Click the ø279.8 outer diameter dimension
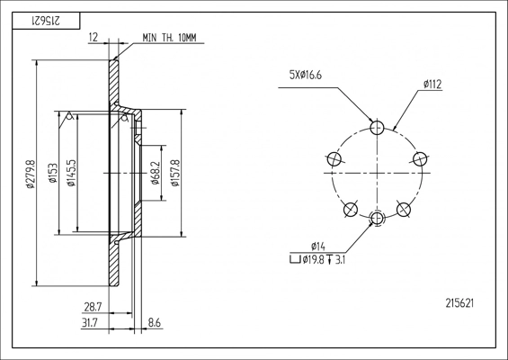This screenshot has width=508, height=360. [31, 174]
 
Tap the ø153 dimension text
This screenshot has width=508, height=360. [53, 173]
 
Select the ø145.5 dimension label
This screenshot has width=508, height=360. [71, 173]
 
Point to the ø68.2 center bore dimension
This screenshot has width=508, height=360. [156, 173]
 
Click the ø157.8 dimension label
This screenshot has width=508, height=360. [175, 173]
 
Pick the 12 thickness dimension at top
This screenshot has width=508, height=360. [93, 37]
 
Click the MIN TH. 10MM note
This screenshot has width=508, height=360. [169, 38]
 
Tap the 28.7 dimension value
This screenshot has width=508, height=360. [93, 307]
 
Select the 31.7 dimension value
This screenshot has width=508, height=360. [91, 323]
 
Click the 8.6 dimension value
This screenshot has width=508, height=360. [155, 323]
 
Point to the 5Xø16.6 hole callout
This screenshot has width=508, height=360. [306, 76]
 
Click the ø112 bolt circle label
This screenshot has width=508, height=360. [432, 85]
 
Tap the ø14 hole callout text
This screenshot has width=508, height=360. [317, 247]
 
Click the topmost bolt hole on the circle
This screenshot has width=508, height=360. [377, 128]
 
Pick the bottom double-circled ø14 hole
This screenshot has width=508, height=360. [377, 219]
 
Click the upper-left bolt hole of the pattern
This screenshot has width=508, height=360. [334, 159]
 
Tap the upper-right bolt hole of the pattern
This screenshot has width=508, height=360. [420, 159]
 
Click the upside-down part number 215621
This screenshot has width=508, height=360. [46, 21]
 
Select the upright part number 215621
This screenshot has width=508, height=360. [459, 303]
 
